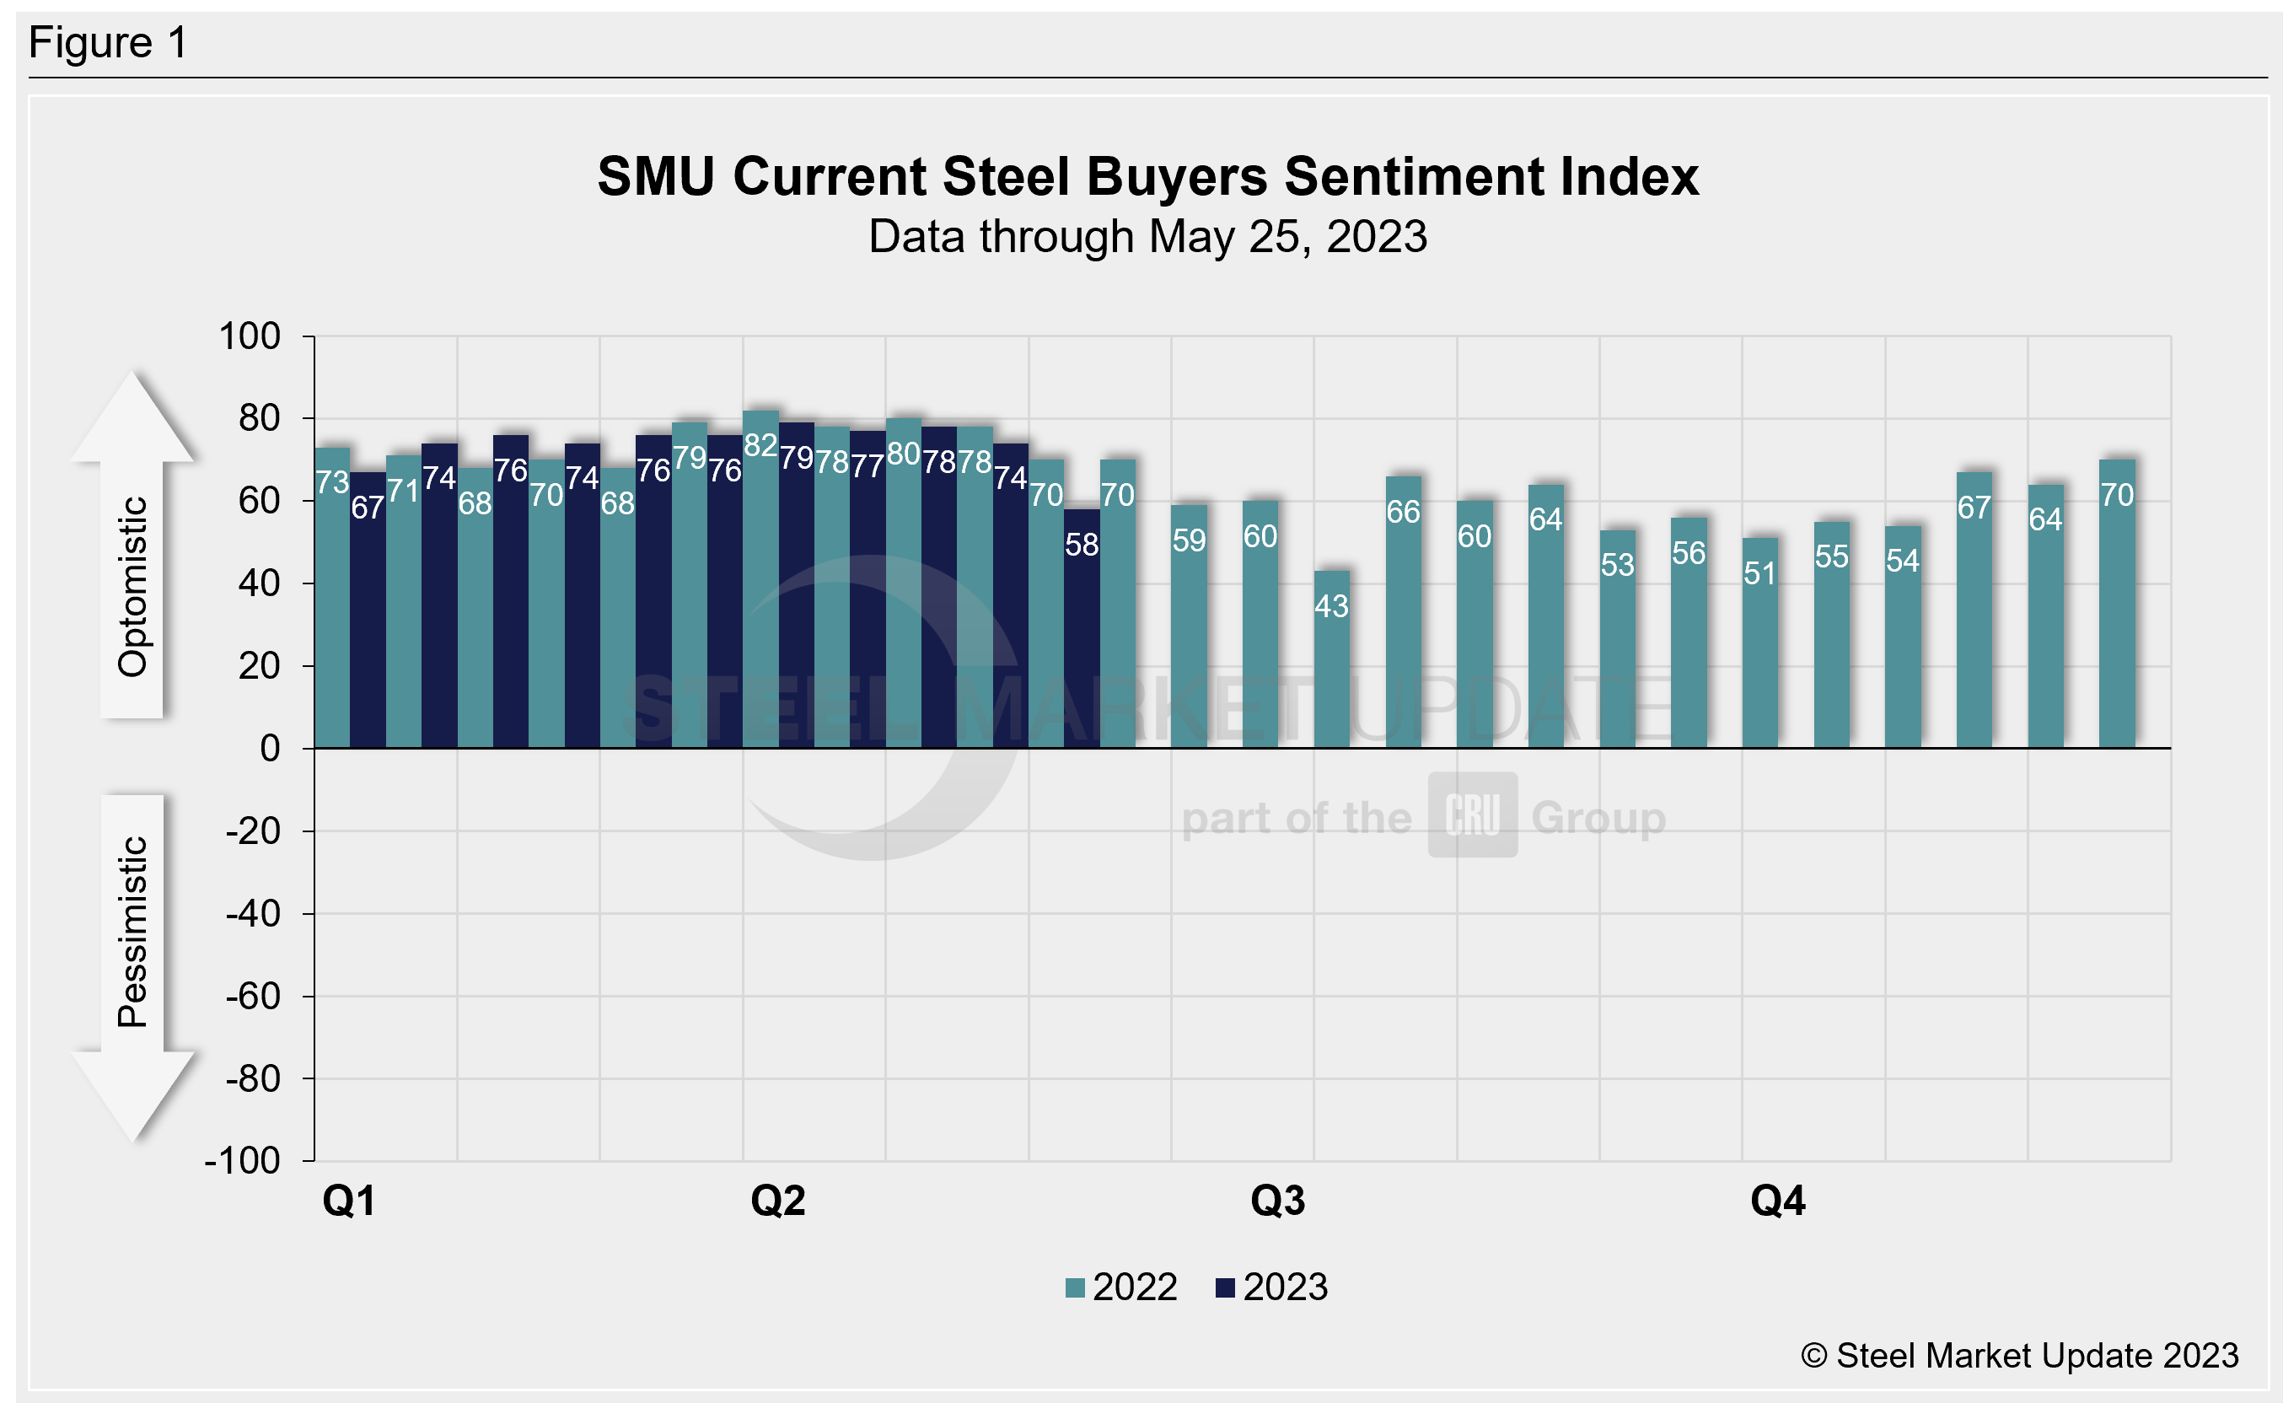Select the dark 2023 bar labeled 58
point(1082,631)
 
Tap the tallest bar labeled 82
point(760,580)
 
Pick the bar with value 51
point(1759,645)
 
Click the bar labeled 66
point(1403,612)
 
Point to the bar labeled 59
point(1189,626)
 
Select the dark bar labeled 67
point(368,612)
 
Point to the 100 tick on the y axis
point(250,336)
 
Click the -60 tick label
point(253,997)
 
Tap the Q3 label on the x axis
point(1277,1201)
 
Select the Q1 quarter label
point(349,1201)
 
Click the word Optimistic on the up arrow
point(132,587)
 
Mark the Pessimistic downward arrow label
point(132,932)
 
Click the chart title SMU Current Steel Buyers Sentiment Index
point(1147,176)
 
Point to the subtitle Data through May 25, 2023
point(1147,237)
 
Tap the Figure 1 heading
point(109,43)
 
